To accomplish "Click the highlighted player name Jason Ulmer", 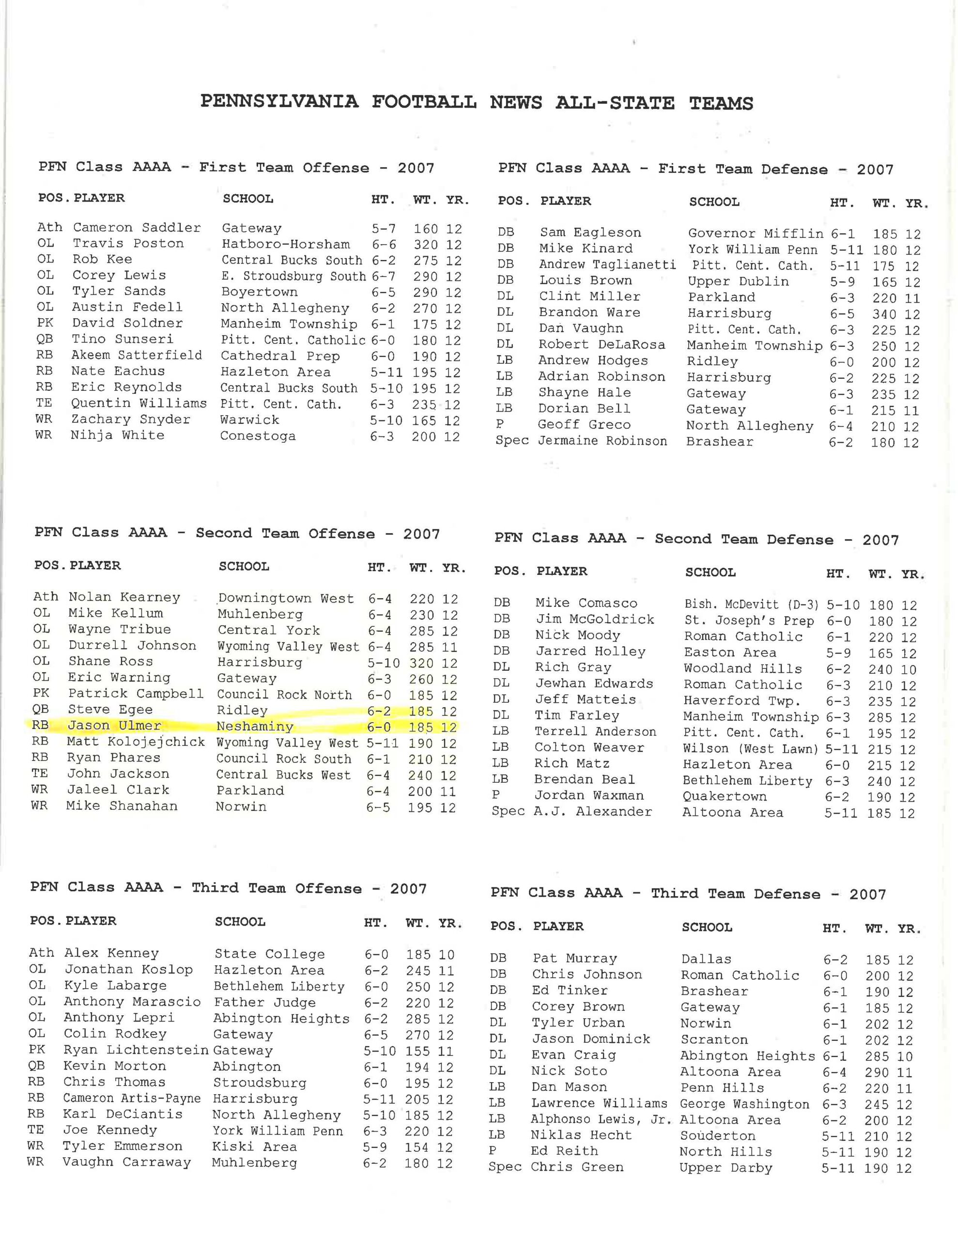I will (x=114, y=726).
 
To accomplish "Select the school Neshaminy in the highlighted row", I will (x=254, y=727).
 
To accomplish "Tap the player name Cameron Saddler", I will (x=137, y=228).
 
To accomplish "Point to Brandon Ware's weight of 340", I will (x=885, y=314).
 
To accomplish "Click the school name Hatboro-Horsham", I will (x=286, y=244).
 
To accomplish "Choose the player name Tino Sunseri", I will (x=122, y=339).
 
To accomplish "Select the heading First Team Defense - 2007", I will (x=776, y=169).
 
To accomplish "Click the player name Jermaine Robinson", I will (x=602, y=441).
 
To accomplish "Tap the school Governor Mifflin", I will (x=755, y=233).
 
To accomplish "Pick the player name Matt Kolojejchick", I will (x=136, y=742).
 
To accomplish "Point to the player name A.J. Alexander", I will (x=592, y=811).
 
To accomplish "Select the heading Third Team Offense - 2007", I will (x=309, y=888).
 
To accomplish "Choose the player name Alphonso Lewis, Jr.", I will (x=602, y=1120).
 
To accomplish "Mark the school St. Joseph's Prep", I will (x=748, y=620).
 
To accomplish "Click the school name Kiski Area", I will (x=254, y=1147).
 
